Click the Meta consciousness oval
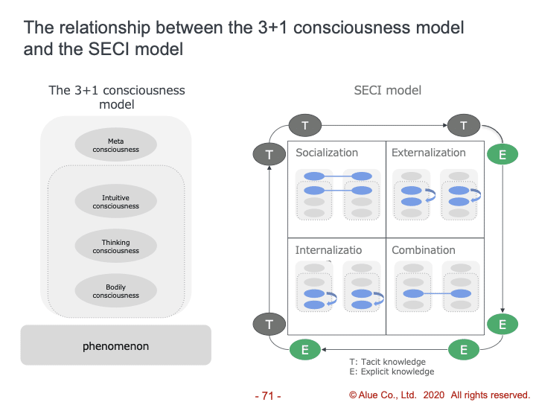point(116,144)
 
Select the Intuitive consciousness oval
point(116,201)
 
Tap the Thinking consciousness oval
point(116,246)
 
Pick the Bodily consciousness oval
point(116,290)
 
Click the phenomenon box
point(116,345)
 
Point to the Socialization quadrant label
point(327,153)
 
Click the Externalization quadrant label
point(429,153)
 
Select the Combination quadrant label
point(424,250)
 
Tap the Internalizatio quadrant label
point(328,250)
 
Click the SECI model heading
point(388,90)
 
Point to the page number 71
point(268,395)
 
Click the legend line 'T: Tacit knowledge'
point(387,362)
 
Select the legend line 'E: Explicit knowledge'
point(392,371)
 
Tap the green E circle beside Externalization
point(502,155)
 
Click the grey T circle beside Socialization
point(269,154)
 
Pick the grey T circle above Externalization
point(464,126)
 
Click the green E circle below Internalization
point(305,349)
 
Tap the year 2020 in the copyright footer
point(434,395)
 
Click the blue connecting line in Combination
point(437,293)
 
